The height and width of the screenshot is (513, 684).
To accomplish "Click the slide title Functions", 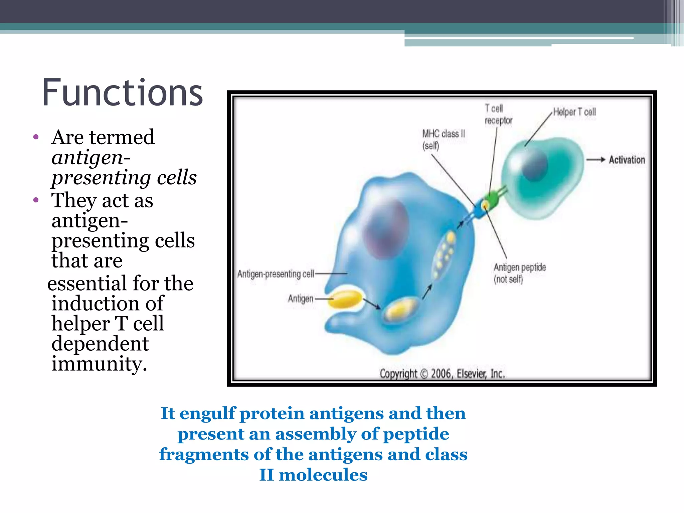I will (122, 93).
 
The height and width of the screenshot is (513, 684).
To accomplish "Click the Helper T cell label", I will (574, 112).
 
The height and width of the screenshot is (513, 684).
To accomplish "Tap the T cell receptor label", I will (498, 115).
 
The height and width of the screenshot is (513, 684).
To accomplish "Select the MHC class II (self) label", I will (443, 140).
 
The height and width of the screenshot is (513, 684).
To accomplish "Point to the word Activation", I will (627, 160).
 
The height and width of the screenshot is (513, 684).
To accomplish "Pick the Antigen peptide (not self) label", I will (519, 273).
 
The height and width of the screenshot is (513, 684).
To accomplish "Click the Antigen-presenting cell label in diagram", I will (276, 274).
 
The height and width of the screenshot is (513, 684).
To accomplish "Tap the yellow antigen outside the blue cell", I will (346, 299).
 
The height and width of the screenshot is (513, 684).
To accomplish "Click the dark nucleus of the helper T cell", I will (535, 164).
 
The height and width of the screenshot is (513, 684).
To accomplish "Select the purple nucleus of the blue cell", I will (386, 229).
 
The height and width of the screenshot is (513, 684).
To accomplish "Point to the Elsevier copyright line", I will (442, 374).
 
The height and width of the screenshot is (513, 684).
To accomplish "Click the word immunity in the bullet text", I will (99, 363).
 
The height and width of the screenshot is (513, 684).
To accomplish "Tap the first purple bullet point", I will (36, 137).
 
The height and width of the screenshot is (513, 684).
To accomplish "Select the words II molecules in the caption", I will (313, 475).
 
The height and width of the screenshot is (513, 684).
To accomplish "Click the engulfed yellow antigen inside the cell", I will (401, 310).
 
